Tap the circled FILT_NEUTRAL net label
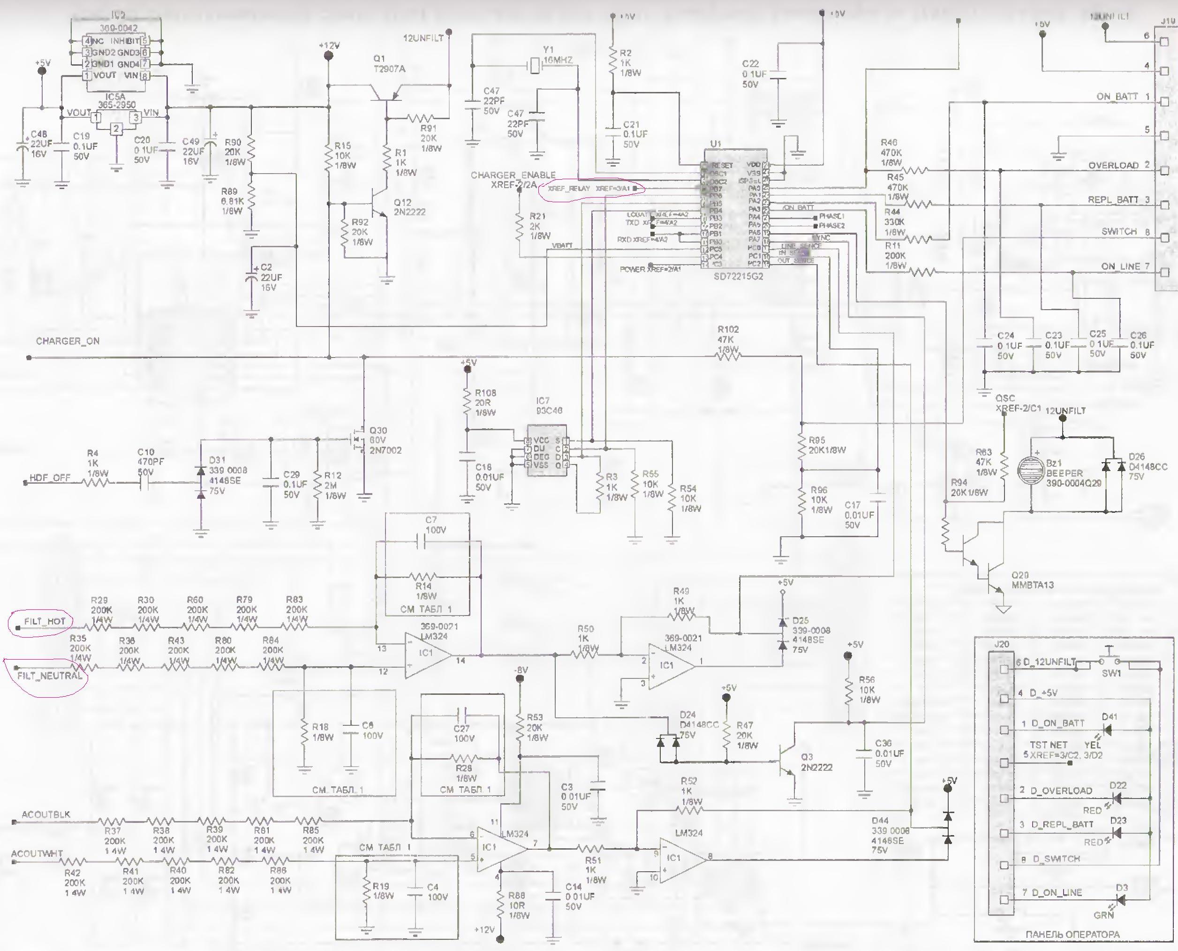click(49, 676)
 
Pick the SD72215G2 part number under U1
click(738, 277)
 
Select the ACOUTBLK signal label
click(46, 814)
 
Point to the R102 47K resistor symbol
click(728, 356)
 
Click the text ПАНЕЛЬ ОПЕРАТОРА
click(1072, 934)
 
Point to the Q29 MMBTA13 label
click(1032, 580)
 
